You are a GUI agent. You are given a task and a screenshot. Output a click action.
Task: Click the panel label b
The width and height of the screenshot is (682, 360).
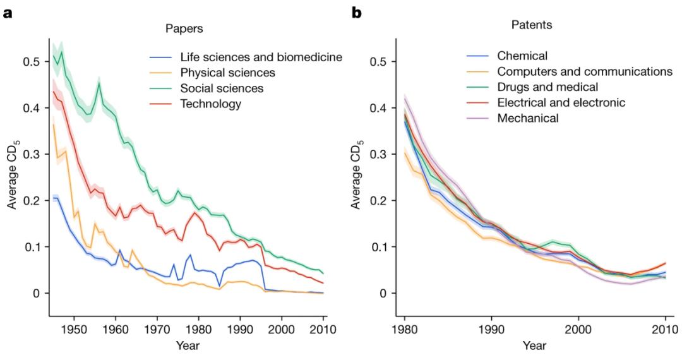tap(357, 11)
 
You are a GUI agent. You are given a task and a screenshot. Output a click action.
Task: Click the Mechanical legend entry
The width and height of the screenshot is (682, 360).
tap(528, 117)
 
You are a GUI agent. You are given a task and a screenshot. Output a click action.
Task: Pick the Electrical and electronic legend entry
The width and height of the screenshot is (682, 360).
tap(558, 102)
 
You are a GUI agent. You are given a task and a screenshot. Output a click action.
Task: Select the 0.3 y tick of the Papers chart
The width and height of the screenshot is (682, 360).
tap(30, 155)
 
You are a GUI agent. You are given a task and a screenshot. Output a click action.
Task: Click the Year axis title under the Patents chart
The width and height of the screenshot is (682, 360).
tap(534, 345)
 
